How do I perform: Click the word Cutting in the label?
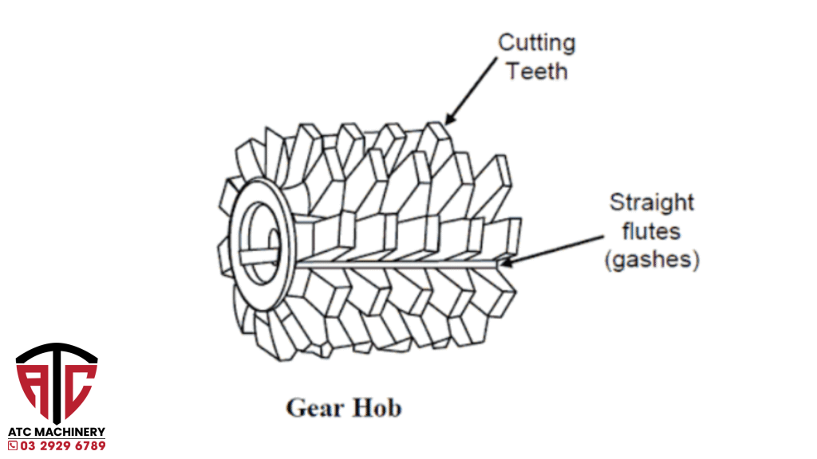tap(536, 42)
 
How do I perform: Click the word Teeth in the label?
tap(537, 71)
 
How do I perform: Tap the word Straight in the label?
tap(652, 202)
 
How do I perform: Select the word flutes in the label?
tap(652, 231)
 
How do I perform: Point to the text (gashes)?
tap(653, 261)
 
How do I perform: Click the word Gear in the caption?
tap(313, 408)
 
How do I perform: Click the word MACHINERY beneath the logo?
tap(69, 432)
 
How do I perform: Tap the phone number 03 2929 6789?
tap(62, 445)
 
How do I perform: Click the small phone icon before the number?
tap(13, 445)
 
